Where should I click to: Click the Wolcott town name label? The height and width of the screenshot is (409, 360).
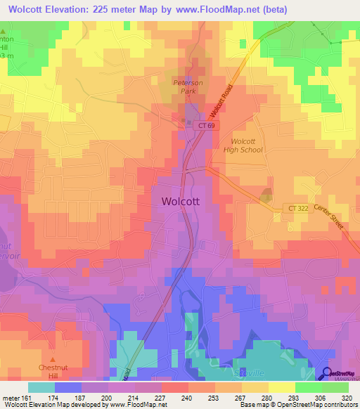pyautogui.click(x=181, y=200)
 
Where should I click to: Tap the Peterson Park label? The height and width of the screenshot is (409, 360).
pyautogui.click(x=188, y=86)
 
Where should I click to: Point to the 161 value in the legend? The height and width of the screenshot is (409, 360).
pyautogui.click(x=27, y=398)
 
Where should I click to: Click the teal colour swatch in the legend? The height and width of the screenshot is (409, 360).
pyautogui.click(x=41, y=387)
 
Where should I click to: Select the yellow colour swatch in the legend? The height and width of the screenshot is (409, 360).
pyautogui.click(x=282, y=387)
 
